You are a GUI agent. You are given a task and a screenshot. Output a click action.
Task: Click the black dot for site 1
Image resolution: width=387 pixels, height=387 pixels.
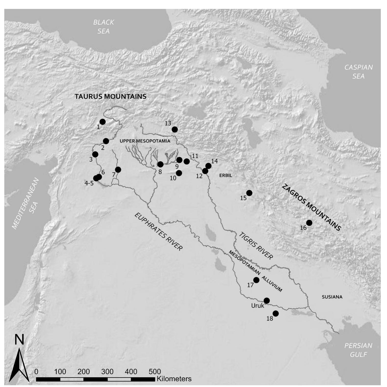[102, 122]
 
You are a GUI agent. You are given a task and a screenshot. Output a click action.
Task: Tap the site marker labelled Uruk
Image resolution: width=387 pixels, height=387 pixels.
[267, 301]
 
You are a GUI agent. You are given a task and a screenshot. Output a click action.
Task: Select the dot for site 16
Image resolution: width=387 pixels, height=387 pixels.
[309, 223]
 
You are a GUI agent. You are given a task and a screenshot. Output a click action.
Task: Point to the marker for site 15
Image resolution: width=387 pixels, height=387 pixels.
[249, 193]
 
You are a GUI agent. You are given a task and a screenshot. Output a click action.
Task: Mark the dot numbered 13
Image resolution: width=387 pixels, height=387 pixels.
[175, 129]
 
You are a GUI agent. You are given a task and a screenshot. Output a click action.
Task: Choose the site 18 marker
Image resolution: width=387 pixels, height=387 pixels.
[276, 313]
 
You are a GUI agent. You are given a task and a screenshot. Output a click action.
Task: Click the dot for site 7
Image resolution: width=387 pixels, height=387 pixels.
[118, 170]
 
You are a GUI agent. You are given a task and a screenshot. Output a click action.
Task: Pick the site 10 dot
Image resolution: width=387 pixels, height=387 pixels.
[179, 173]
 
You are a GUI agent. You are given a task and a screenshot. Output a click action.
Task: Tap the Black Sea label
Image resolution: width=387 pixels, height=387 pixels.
[104, 26]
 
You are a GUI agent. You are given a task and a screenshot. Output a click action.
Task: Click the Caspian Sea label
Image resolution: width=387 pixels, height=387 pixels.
[358, 72]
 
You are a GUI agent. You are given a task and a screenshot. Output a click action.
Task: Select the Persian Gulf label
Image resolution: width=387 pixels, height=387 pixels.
[358, 350]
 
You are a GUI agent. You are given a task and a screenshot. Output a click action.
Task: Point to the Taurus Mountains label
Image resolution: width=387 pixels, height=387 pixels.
[110, 96]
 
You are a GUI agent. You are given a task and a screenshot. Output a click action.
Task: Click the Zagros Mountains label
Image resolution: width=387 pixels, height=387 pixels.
[311, 208]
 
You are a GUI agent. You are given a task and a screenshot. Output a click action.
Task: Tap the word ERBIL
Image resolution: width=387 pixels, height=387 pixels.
[226, 175]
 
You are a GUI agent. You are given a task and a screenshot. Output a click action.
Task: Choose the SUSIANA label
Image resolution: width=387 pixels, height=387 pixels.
[332, 297]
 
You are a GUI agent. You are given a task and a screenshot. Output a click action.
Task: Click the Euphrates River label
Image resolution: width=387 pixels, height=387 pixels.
[158, 232]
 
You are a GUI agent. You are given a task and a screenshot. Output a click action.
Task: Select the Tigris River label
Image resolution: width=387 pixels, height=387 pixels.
[256, 246]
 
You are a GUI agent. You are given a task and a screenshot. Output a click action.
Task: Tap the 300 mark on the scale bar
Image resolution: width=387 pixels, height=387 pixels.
[107, 371]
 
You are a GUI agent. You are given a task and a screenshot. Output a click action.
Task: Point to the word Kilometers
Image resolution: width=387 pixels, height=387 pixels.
[174, 379]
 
